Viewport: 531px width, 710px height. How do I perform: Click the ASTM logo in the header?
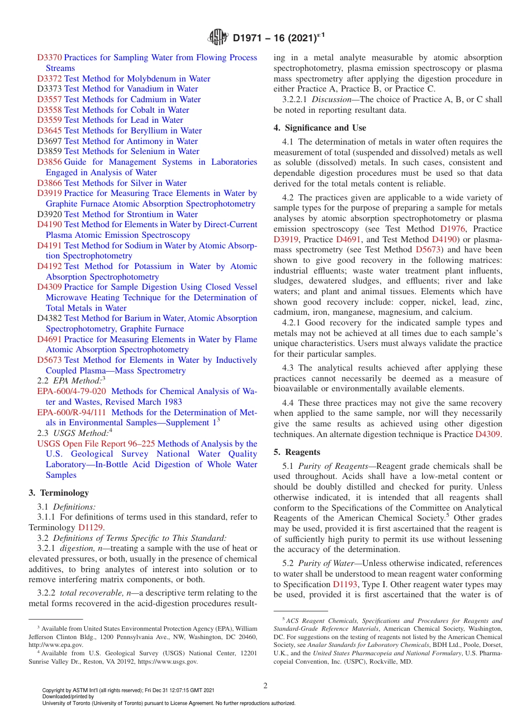(x=218, y=38)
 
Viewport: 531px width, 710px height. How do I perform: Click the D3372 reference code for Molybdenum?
(x=49, y=79)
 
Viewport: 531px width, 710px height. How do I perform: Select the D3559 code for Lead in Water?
(x=49, y=120)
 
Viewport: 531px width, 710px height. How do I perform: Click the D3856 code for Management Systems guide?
(x=49, y=162)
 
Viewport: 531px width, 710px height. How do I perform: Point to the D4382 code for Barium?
(x=49, y=318)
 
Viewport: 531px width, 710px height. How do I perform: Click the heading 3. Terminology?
(x=59, y=493)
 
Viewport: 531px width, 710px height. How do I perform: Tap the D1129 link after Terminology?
(x=90, y=527)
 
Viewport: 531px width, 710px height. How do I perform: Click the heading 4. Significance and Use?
(x=320, y=128)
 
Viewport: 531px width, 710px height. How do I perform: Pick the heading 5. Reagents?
(x=297, y=452)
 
